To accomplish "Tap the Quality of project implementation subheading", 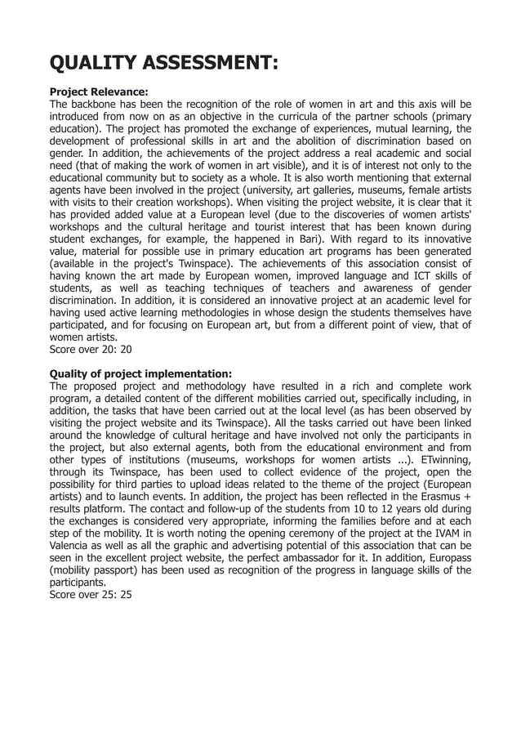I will [x=140, y=374].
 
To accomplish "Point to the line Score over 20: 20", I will [x=91, y=348].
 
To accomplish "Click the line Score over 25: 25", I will [x=91, y=595].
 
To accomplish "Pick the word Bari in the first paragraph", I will [x=307, y=239].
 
